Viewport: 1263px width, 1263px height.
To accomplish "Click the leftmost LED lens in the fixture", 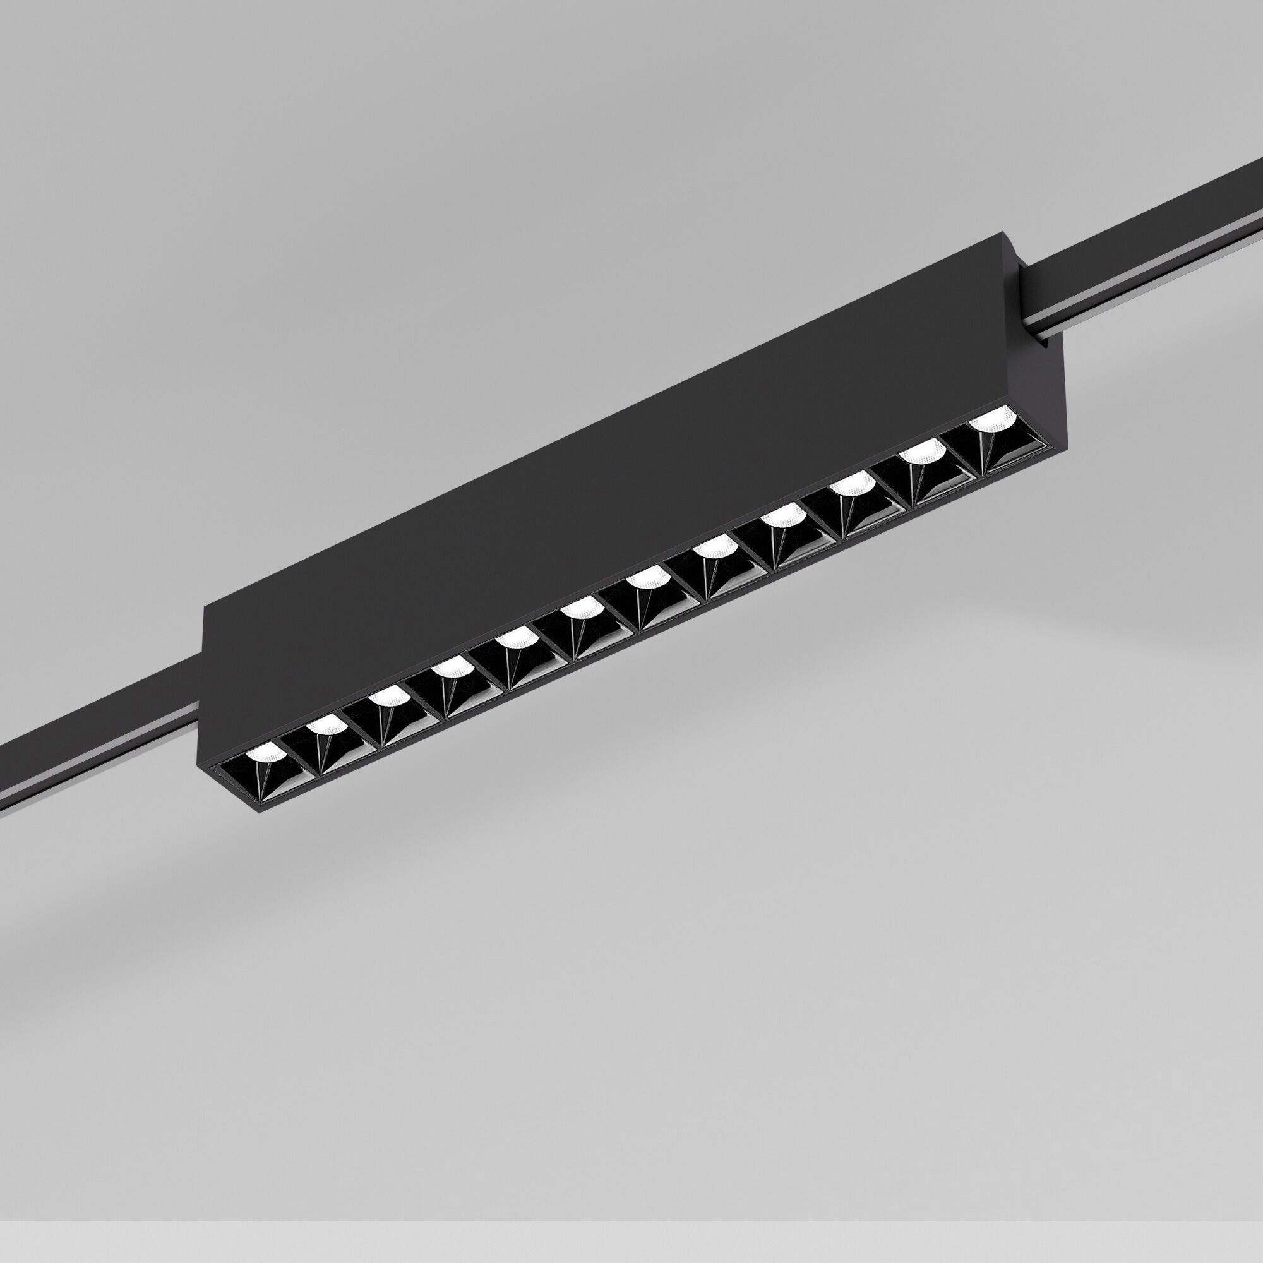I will tap(263, 753).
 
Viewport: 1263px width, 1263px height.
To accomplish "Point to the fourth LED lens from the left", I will tap(451, 667).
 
